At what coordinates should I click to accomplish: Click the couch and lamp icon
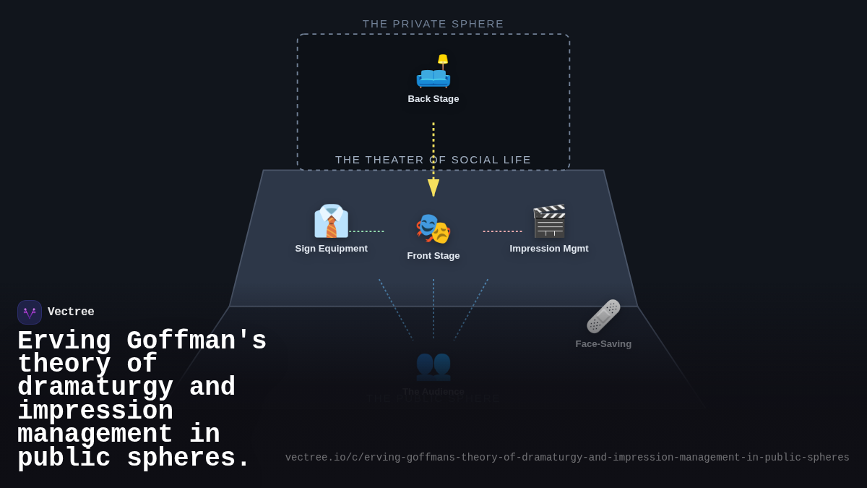click(x=433, y=71)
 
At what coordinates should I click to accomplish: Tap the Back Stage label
click(x=433, y=99)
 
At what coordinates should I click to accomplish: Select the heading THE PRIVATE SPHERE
click(x=433, y=24)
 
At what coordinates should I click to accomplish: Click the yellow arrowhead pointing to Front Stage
click(x=433, y=188)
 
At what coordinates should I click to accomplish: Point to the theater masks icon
click(x=433, y=228)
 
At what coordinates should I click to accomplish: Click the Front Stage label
click(x=433, y=256)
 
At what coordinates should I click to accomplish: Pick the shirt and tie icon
click(x=331, y=221)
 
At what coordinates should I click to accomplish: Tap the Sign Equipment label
click(x=331, y=249)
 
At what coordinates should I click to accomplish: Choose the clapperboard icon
click(x=549, y=221)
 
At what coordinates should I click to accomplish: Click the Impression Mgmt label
click(x=549, y=249)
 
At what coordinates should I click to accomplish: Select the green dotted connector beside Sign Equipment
click(x=366, y=231)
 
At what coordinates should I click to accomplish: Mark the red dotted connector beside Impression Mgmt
click(x=502, y=231)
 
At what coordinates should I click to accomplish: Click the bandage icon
click(x=603, y=317)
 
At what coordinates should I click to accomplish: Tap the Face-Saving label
click(x=603, y=344)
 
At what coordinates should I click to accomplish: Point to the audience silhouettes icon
click(x=433, y=364)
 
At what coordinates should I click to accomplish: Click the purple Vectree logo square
click(x=30, y=312)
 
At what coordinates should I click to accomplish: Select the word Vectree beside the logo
click(x=71, y=312)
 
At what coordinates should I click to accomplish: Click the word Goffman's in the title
click(x=197, y=341)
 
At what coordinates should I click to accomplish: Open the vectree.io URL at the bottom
click(x=567, y=458)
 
